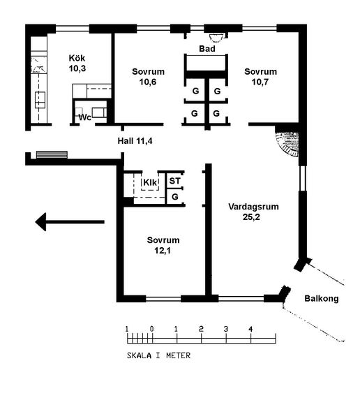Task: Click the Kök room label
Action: pyautogui.click(x=77, y=58)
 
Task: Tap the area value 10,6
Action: pyautogui.click(x=148, y=82)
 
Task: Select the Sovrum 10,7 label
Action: pyautogui.click(x=260, y=77)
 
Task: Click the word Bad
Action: pyautogui.click(x=207, y=49)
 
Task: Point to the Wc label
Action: pyautogui.click(x=85, y=117)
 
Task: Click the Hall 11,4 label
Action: pyautogui.click(x=135, y=141)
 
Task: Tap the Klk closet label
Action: pyautogui.click(x=150, y=182)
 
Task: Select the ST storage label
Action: pyautogui.click(x=175, y=181)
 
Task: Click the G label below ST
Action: pyautogui.click(x=175, y=196)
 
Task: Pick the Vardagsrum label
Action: pyautogui.click(x=253, y=207)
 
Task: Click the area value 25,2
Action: pyautogui.click(x=251, y=217)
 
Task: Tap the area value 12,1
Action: pyautogui.click(x=163, y=251)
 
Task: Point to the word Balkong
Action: pyautogui.click(x=322, y=299)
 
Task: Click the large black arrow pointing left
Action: pyautogui.click(x=70, y=222)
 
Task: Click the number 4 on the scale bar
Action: pyautogui.click(x=250, y=329)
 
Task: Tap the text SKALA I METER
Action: pyautogui.click(x=158, y=355)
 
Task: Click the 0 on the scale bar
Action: pyautogui.click(x=152, y=329)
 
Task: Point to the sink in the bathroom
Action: pyautogui.click(x=216, y=38)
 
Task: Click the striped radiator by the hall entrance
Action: pyautogui.click(x=52, y=154)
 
